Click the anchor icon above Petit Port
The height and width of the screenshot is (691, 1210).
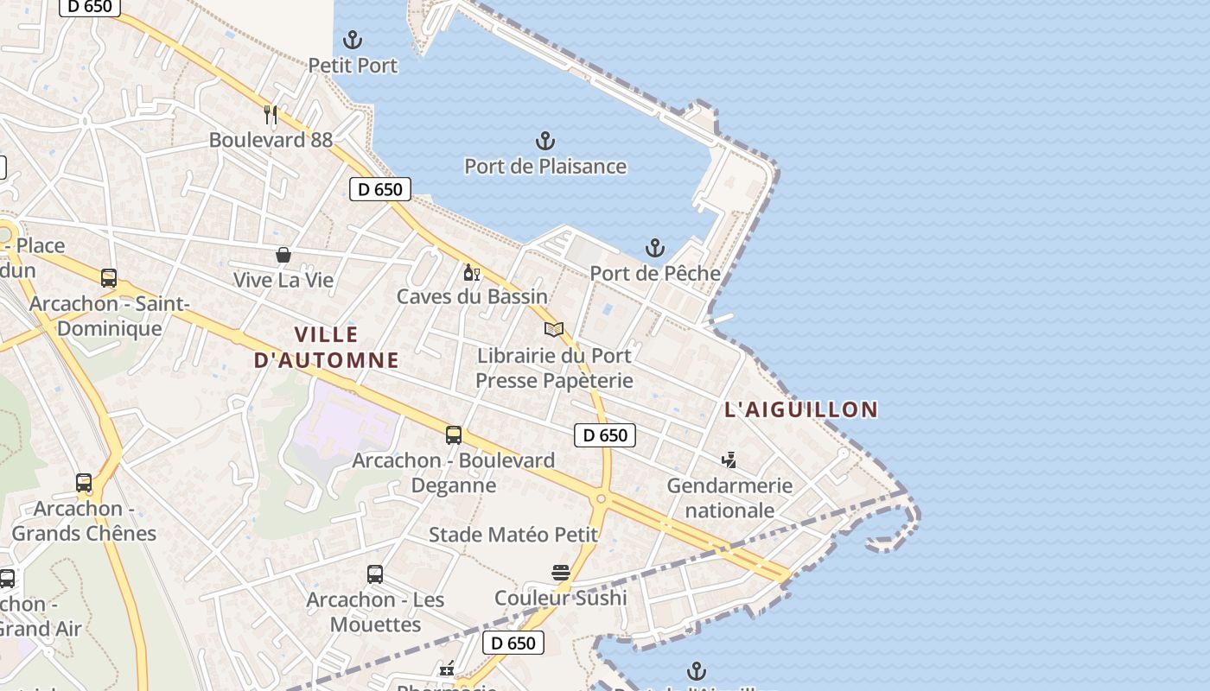[353, 40]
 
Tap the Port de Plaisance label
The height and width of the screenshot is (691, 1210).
[545, 166]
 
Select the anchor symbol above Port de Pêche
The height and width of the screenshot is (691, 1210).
[655, 249]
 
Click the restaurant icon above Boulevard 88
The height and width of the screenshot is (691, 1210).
[271, 114]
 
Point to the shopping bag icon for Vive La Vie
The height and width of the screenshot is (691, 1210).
[283, 255]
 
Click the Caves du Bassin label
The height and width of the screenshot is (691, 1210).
[472, 296]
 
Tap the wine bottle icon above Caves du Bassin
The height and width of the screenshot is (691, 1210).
[471, 273]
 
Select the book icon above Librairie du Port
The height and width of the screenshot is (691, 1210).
[554, 329]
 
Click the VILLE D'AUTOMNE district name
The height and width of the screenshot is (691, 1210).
[327, 347]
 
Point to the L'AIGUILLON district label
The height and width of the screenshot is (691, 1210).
[801, 409]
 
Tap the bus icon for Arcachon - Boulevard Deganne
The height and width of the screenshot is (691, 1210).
[454, 435]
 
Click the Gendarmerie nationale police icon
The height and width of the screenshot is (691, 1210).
[729, 460]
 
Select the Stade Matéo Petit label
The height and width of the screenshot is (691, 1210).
[513, 535]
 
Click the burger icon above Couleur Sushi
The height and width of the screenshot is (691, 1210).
[560, 572]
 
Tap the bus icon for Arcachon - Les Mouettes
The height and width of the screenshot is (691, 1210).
[375, 574]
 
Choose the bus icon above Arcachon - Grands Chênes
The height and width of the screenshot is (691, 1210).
[84, 483]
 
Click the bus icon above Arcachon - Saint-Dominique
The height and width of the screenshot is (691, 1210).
[109, 278]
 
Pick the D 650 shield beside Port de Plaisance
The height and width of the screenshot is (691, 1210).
[380, 189]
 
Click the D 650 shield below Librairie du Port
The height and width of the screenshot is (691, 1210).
[605, 435]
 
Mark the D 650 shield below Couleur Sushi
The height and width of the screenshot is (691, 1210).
[513, 643]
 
